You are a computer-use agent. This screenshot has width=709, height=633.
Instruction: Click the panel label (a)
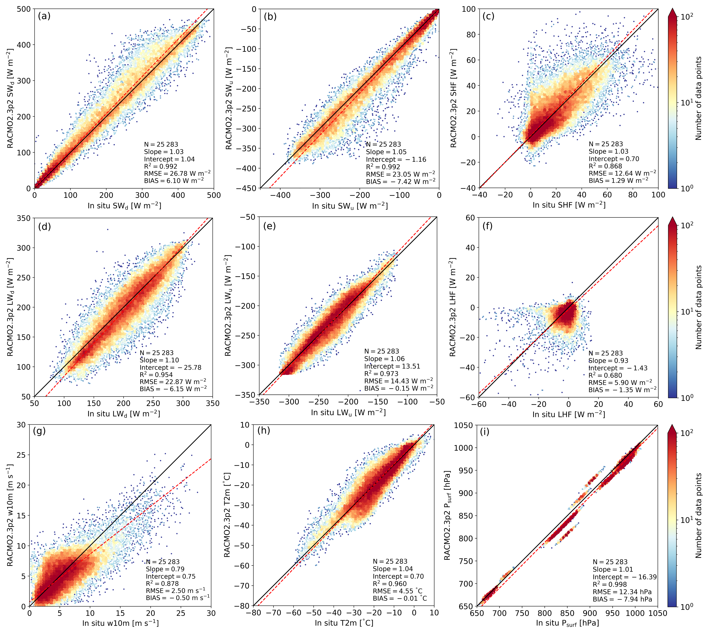tap(44, 16)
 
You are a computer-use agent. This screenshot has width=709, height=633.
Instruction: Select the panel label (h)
tap(264, 431)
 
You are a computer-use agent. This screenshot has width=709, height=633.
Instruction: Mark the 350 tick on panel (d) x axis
tap(213, 403)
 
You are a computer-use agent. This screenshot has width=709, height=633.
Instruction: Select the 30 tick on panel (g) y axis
tap(21, 425)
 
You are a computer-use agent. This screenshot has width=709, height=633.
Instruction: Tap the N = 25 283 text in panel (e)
tap(382, 351)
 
